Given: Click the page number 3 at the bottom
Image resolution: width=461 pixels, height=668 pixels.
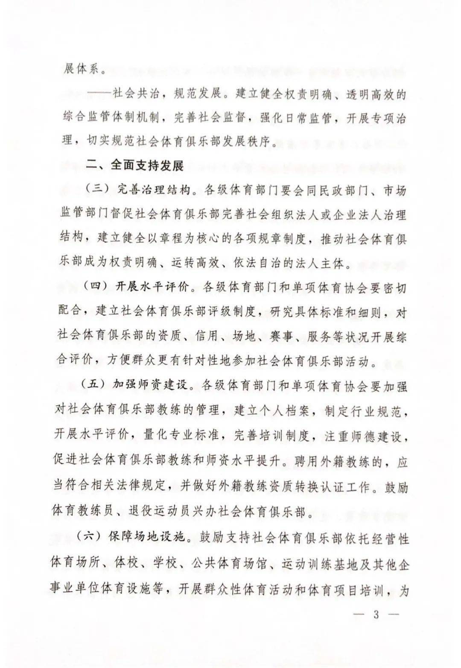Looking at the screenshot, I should click(x=376, y=615).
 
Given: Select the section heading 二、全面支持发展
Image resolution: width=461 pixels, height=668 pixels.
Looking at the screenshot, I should click(x=135, y=165).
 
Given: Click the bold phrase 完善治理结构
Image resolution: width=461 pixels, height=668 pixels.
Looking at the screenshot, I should click(x=154, y=190).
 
